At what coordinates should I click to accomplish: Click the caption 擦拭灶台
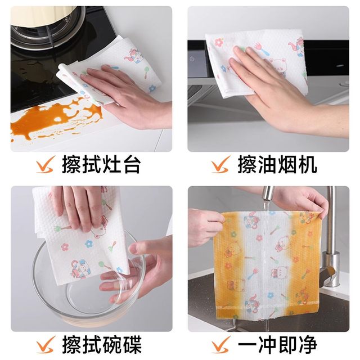click(x=101, y=164)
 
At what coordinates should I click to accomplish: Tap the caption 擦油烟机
click(x=277, y=164)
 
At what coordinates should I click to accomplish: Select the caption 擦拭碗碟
click(x=101, y=345)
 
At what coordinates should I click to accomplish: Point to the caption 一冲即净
click(x=277, y=345)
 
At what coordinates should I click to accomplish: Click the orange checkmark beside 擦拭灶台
click(x=45, y=164)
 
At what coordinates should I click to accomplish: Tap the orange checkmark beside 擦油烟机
click(x=220, y=164)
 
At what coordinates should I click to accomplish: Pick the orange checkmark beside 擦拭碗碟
click(x=46, y=344)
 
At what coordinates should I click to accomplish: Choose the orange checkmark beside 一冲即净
click(x=221, y=344)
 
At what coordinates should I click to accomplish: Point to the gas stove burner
click(x=46, y=34)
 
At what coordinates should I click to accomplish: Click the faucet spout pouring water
click(x=268, y=195)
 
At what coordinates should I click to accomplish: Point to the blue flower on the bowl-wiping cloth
click(x=89, y=244)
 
